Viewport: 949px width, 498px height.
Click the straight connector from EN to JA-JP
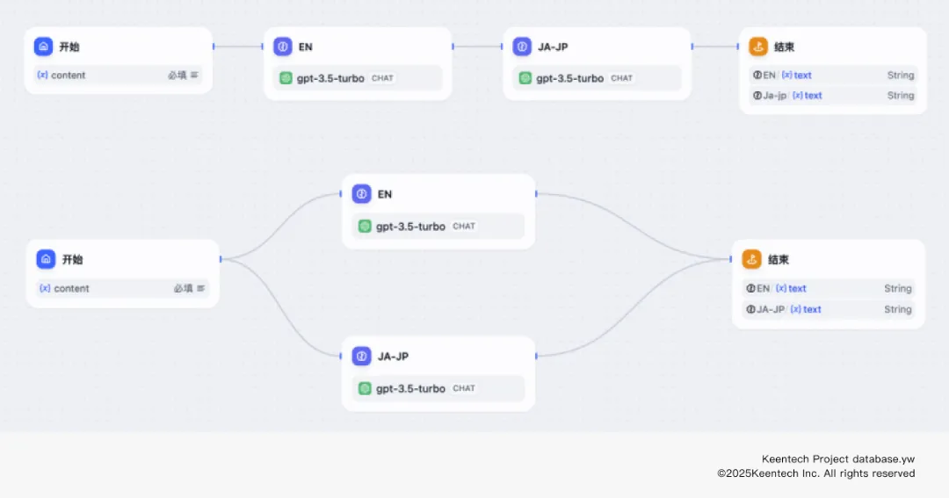(x=478, y=47)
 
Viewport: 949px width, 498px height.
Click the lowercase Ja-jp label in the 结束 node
(x=774, y=96)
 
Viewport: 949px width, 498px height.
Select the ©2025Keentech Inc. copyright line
(x=815, y=473)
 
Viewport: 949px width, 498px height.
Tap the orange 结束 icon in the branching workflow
(x=751, y=259)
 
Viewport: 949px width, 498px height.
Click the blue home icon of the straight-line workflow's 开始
(x=43, y=47)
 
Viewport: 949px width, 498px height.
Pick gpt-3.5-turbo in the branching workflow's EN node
(x=410, y=227)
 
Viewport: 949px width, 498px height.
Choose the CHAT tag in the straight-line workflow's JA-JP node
(x=622, y=78)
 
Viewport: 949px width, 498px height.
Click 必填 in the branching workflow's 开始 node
(x=183, y=288)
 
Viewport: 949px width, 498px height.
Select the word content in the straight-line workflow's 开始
(x=68, y=76)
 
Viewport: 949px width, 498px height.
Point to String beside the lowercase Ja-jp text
(x=901, y=96)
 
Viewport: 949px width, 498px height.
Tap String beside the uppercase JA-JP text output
(x=898, y=309)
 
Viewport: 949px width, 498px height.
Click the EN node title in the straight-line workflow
(x=305, y=47)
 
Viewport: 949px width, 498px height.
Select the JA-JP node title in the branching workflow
(x=393, y=357)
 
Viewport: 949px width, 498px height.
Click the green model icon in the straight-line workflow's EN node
(x=286, y=78)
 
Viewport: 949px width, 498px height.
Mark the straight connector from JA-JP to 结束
(x=716, y=47)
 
